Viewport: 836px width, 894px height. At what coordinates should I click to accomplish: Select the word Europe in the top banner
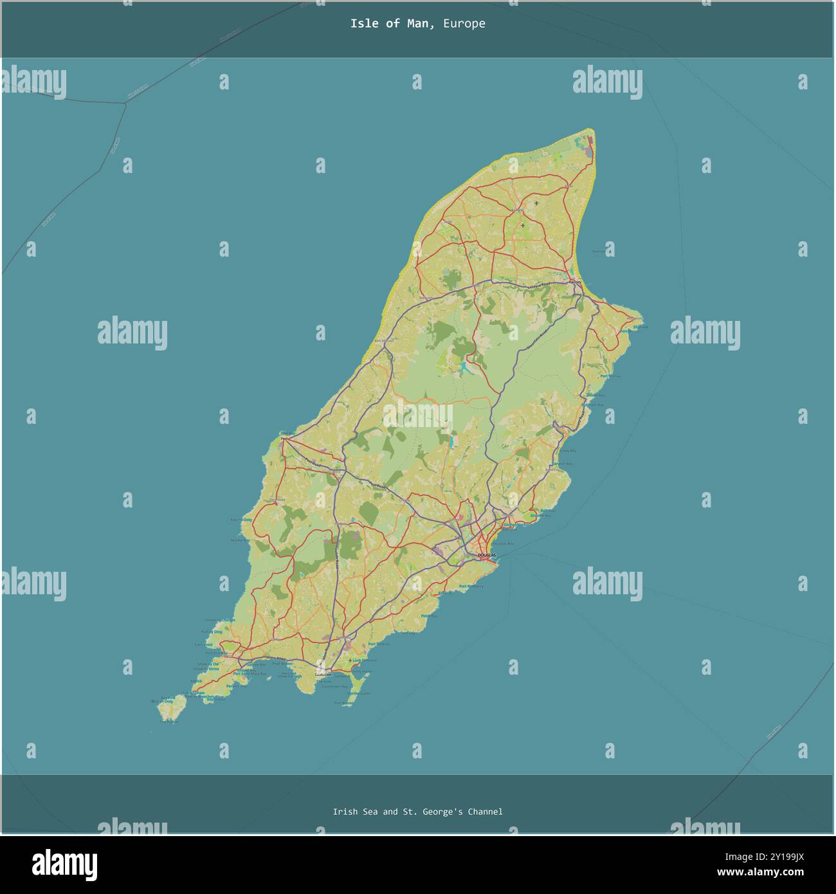coord(464,24)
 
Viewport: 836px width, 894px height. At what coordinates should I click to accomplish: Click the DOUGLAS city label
coord(486,554)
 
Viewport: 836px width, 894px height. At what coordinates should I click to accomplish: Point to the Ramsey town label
coord(575,282)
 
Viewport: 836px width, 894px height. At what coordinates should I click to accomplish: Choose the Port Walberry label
coord(471,586)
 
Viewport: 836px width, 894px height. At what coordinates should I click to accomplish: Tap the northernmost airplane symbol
coord(536,203)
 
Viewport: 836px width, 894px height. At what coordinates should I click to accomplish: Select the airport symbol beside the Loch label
coord(350,661)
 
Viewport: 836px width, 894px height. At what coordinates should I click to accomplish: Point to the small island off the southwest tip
coord(170,710)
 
